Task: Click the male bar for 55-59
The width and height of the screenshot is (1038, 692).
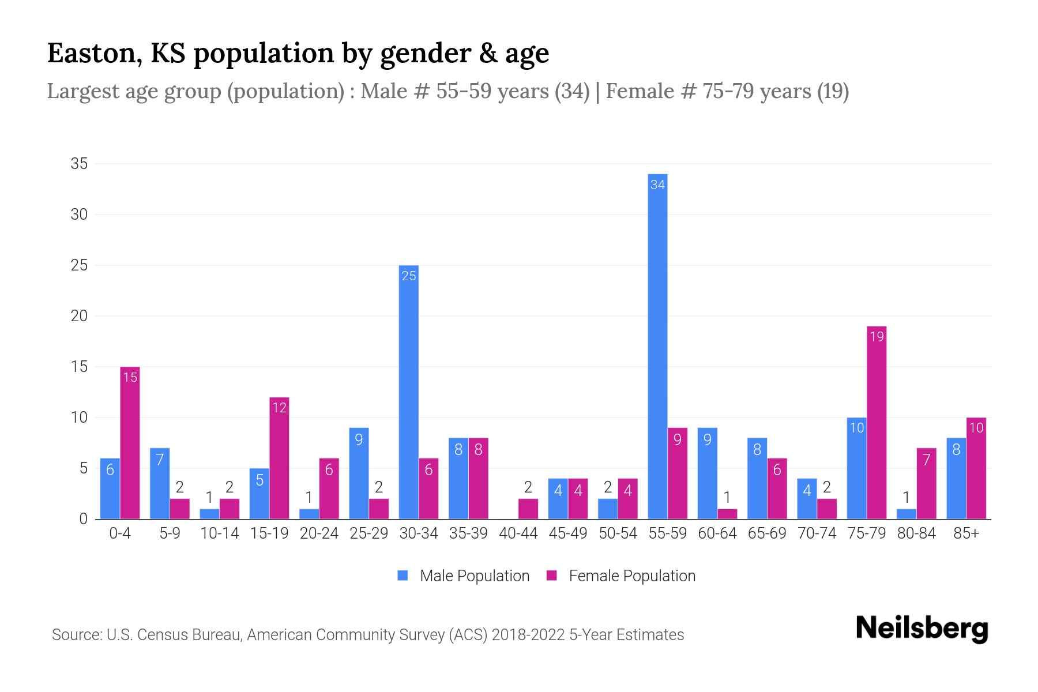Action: click(657, 346)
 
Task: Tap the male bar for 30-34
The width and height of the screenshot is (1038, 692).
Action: click(409, 392)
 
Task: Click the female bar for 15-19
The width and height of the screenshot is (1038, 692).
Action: click(279, 458)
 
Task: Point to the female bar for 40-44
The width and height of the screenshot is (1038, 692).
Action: click(528, 509)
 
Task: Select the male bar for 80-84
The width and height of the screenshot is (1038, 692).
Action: click(907, 514)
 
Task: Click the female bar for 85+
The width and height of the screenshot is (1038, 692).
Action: click(976, 468)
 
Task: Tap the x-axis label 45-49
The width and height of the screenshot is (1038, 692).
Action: click(568, 533)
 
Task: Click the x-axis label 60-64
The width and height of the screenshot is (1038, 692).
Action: click(717, 533)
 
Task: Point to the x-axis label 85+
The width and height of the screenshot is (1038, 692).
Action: click(966, 533)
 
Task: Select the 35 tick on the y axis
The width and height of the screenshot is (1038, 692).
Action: click(79, 164)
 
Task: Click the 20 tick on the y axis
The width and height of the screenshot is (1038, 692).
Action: click(79, 316)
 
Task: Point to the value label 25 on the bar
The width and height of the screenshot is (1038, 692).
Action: click(409, 276)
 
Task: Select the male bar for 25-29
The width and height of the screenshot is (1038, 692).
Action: click(359, 473)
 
